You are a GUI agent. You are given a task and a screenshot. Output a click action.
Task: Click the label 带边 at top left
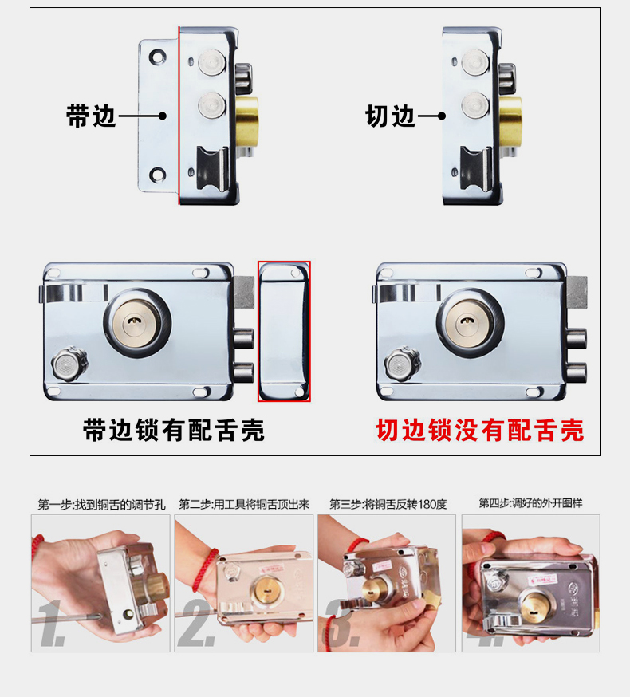click(x=91, y=116)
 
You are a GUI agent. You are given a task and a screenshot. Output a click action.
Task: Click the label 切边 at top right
click(x=390, y=116)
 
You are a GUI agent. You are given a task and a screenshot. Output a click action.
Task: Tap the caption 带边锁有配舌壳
click(x=174, y=430)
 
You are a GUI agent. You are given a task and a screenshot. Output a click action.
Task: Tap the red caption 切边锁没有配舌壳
click(x=480, y=430)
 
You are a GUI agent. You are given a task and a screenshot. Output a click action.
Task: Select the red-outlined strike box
click(x=284, y=331)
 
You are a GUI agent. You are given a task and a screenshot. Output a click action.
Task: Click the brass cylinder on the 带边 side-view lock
click(x=246, y=121)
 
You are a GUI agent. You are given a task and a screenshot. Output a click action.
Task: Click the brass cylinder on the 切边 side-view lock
click(x=510, y=121)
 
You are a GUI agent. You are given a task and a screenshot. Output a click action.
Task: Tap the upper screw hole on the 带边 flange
click(x=157, y=57)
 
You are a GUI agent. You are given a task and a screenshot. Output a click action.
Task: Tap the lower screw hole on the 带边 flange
click(x=157, y=175)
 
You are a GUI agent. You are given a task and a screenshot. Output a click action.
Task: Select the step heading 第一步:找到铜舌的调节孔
click(x=101, y=505)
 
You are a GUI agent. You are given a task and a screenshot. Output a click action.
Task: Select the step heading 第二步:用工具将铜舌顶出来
click(x=244, y=504)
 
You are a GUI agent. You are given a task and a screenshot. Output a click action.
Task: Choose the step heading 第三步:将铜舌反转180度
click(x=388, y=504)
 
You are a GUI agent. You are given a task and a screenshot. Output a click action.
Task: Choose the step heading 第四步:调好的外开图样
click(x=530, y=503)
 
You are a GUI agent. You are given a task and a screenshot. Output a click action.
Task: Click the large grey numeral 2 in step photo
click(x=197, y=622)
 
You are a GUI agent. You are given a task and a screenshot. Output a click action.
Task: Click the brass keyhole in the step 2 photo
click(x=268, y=591)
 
